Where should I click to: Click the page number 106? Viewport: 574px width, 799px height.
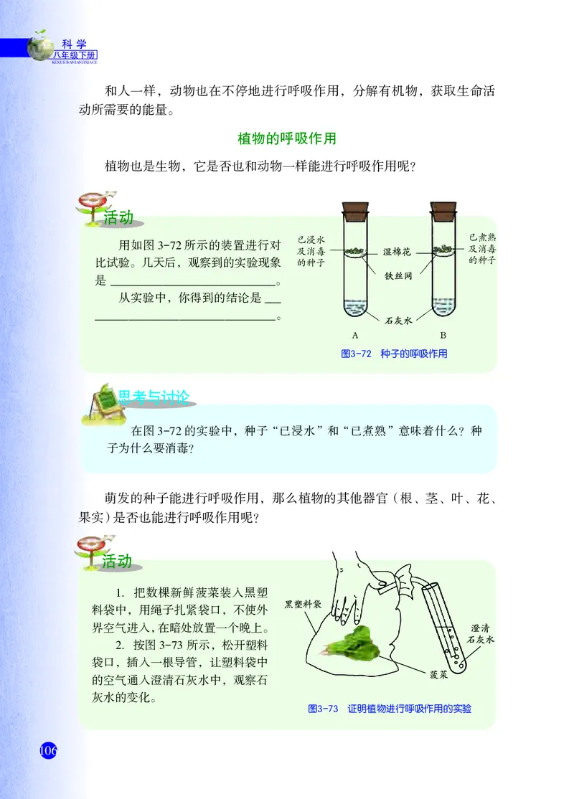(47, 751)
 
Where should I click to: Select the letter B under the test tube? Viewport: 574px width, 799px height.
(443, 335)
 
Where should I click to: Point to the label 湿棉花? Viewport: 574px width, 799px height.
(397, 252)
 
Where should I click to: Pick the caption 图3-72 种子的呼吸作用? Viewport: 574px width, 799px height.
(394, 354)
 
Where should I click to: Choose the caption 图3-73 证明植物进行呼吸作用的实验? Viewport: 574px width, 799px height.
(390, 708)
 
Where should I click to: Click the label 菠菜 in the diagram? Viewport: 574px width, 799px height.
(441, 675)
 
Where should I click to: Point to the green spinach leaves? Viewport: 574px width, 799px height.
(357, 640)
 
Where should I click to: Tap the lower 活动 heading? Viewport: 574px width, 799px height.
(117, 562)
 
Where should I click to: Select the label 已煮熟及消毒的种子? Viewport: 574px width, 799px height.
(482, 248)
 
